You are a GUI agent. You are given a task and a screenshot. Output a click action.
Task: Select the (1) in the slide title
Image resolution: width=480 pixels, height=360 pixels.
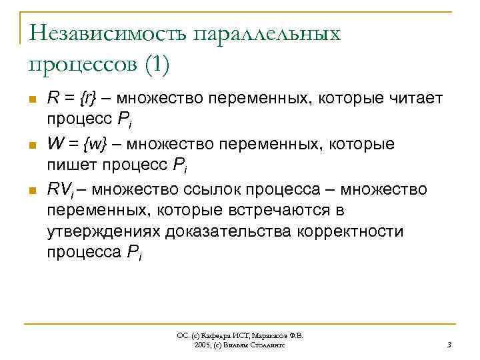tap(155, 65)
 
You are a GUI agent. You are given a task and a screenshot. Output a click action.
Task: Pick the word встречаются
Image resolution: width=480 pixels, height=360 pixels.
tap(274, 211)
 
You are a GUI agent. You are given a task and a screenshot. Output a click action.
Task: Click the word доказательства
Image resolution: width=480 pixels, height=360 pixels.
tap(231, 231)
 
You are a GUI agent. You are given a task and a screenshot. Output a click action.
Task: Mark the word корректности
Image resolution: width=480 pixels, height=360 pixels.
tap(353, 231)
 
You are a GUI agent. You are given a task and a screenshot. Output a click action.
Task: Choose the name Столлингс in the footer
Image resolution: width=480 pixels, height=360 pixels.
tap(267, 345)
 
